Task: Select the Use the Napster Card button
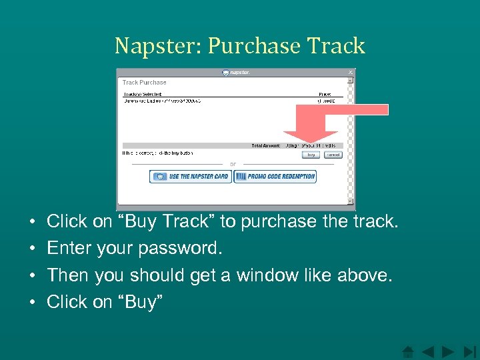tap(191, 177)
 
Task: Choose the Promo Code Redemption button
tap(275, 177)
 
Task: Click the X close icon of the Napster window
tap(351, 72)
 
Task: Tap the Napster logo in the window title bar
tap(236, 72)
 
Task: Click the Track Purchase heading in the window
tap(144, 83)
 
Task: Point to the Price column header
tap(325, 95)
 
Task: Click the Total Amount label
tap(266, 145)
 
